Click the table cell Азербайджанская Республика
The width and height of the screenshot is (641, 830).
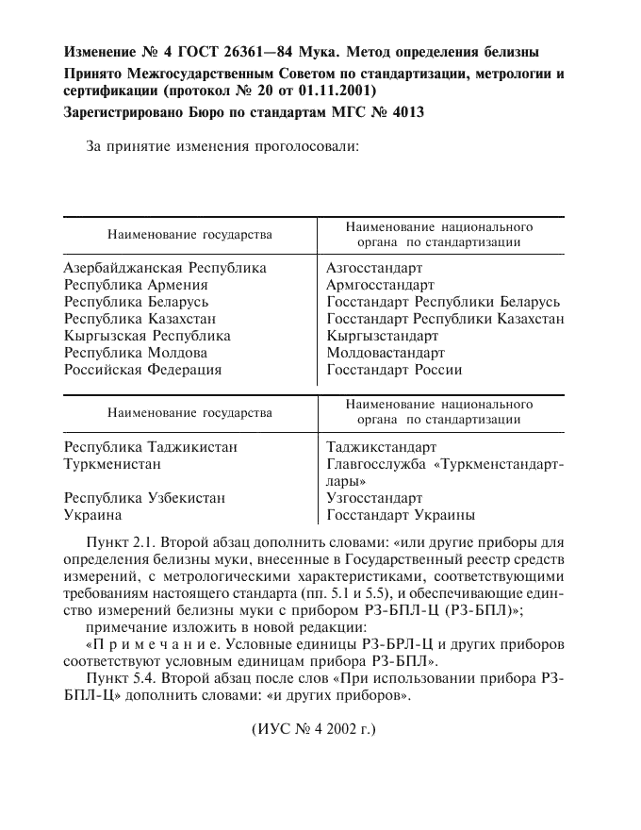click(165, 268)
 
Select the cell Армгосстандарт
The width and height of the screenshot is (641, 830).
click(380, 285)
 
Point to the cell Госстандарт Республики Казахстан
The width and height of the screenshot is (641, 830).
click(445, 319)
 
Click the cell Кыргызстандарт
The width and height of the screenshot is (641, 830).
click(382, 336)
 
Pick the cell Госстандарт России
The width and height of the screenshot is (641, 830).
click(394, 370)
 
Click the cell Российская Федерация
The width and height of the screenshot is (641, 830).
click(142, 370)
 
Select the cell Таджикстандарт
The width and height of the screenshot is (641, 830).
click(382, 447)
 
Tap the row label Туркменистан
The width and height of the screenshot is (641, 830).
click(112, 464)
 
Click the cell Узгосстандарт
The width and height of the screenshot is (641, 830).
click(374, 498)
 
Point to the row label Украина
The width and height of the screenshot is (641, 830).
click(92, 515)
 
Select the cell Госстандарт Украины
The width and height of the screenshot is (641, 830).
click(401, 515)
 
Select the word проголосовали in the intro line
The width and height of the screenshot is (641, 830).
click(304, 147)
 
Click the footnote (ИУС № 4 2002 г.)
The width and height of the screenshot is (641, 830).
click(313, 730)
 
